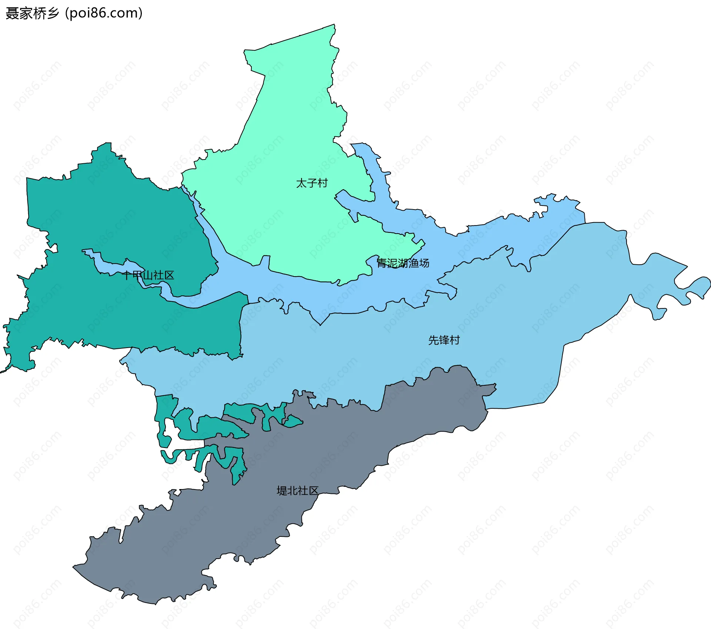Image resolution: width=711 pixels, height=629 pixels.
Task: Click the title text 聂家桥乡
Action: click(x=32, y=13)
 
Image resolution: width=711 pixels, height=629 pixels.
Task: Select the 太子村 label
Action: click(x=312, y=183)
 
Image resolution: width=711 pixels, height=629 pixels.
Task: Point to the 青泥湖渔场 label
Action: click(x=403, y=263)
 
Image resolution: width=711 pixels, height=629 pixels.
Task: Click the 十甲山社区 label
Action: click(x=148, y=275)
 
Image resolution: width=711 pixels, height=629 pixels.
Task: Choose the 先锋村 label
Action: click(x=444, y=340)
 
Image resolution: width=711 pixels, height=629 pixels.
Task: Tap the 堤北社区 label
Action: click(x=297, y=491)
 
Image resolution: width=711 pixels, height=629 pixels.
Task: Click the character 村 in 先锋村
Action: click(x=455, y=340)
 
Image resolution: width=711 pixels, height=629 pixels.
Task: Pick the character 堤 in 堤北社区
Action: click(x=282, y=491)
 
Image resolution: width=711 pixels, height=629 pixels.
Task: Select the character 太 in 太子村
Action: click(x=301, y=183)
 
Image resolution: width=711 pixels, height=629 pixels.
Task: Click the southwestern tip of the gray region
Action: click(x=74, y=566)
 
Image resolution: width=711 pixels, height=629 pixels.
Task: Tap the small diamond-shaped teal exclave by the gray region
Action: click(x=293, y=421)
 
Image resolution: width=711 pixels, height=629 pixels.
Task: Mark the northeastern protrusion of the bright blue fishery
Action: click(x=555, y=202)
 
